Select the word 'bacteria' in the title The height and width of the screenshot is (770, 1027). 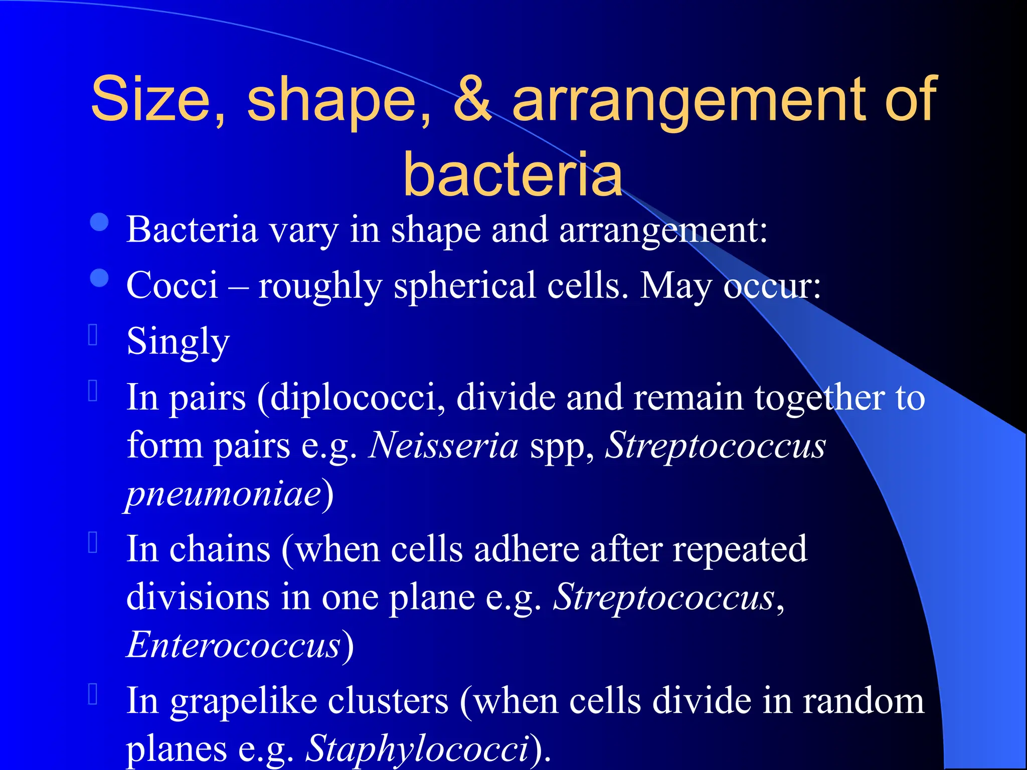pyautogui.click(x=512, y=173)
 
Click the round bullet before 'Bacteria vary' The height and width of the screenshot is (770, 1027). pyautogui.click(x=99, y=223)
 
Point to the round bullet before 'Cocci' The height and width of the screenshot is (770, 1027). pyautogui.click(x=99, y=278)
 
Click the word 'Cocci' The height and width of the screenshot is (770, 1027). pyautogui.click(x=172, y=285)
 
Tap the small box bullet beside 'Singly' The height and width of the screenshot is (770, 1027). pyautogui.click(x=93, y=334)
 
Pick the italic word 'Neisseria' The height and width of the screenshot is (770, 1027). pyautogui.click(x=443, y=445)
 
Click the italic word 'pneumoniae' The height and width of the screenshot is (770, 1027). pyautogui.click(x=224, y=493)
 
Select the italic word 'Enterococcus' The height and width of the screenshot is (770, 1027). pyautogui.click(x=234, y=645)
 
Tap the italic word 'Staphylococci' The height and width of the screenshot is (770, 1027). pyautogui.click(x=417, y=749)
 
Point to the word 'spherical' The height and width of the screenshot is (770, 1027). pyautogui.click(x=465, y=285)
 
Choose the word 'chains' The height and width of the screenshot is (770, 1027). pyautogui.click(x=220, y=549)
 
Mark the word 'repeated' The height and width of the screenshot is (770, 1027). pyautogui.click(x=740, y=549)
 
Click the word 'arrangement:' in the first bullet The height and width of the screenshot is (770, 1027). pyautogui.click(x=663, y=230)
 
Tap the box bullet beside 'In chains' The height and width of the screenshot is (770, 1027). pyautogui.click(x=93, y=542)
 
